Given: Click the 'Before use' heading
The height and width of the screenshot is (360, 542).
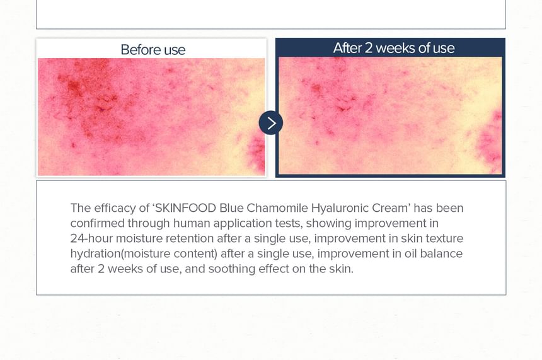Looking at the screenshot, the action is pyautogui.click(x=153, y=50).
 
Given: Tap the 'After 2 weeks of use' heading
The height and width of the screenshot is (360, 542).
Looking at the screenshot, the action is pyautogui.click(x=394, y=48).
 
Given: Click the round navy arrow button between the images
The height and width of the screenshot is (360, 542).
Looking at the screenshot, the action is pyautogui.click(x=270, y=123).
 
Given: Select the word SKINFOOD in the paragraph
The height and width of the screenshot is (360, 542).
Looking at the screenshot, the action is pyautogui.click(x=186, y=208).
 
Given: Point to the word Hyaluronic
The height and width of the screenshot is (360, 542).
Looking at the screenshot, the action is pyautogui.click(x=340, y=208).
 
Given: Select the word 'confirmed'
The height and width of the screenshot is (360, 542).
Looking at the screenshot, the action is pyautogui.click(x=98, y=223).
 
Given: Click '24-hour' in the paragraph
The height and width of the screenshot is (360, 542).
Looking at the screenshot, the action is pyautogui.click(x=91, y=238).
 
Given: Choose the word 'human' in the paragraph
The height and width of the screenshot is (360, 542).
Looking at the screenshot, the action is pyautogui.click(x=192, y=223).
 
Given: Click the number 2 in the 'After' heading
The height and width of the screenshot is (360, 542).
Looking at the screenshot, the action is pyautogui.click(x=369, y=48).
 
